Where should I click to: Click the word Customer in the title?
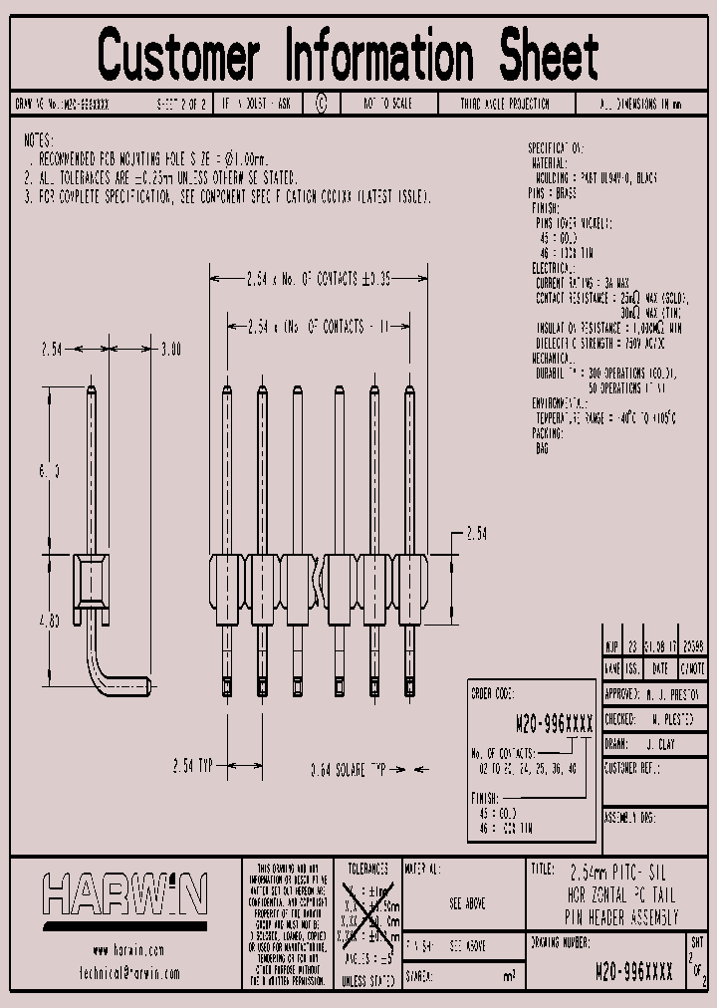point(179,55)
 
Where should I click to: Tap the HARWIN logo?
point(124,893)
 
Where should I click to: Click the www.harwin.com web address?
point(127,950)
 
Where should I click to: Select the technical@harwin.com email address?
point(127,973)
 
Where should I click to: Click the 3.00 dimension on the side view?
point(170,350)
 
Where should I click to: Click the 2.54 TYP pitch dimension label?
point(191,765)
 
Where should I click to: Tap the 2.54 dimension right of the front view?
point(476,534)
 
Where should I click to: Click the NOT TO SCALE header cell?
point(387,104)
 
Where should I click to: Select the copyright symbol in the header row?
point(321,103)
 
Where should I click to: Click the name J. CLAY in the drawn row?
point(661,743)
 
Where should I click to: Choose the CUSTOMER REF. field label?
point(635,768)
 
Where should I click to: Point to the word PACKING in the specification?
point(549,434)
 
